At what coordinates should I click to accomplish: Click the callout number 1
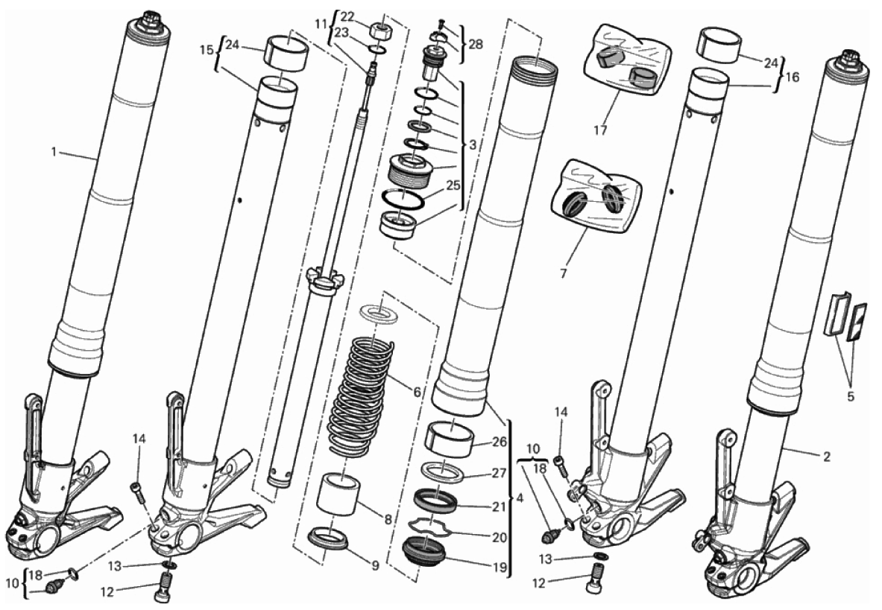point(54,152)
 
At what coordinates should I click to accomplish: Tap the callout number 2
point(826,457)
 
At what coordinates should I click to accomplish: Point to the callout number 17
point(600,130)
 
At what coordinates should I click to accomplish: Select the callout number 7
point(563,274)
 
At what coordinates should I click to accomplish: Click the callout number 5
point(851,396)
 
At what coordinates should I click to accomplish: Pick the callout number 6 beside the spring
point(417,392)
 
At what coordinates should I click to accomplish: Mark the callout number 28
point(476,45)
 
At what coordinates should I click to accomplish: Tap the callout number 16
point(792,77)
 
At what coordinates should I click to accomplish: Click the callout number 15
point(207,49)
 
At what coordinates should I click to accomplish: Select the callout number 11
point(321,23)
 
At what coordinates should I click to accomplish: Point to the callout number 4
point(519,498)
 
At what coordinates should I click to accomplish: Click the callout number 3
point(473,144)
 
